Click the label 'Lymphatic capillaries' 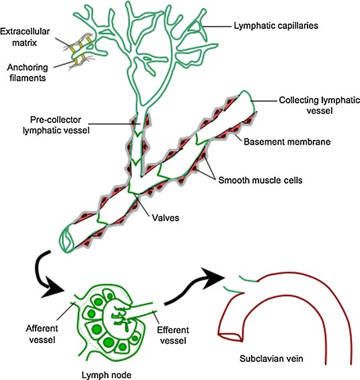point(276,26)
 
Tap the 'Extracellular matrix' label point(25,37)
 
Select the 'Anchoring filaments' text point(27,73)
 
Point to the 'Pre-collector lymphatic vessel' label point(56,125)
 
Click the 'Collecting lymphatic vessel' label point(319,106)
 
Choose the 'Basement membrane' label point(287,142)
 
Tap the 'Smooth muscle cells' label point(260,180)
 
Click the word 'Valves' point(166,218)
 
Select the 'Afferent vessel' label point(42,334)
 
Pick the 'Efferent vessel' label point(173,336)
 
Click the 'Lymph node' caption point(106,375)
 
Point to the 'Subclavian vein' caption point(271,358)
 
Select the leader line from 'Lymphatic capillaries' point(217,26)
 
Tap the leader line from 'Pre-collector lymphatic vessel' point(113,124)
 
